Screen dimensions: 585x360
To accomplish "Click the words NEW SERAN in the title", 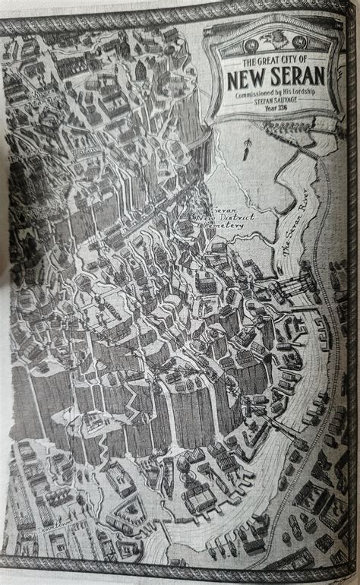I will click(x=274, y=77).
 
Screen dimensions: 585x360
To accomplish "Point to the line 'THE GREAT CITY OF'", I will click(x=274, y=61).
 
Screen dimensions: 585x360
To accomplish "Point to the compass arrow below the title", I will click(x=247, y=148).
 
